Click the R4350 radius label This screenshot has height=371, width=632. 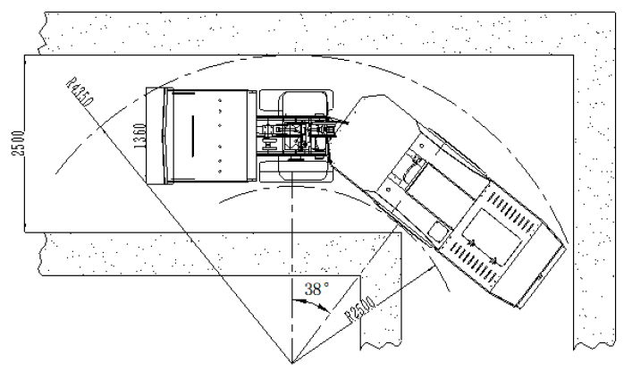pos(80,91)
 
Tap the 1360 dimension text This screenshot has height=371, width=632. pos(139,136)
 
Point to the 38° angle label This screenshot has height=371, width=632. pos(316,289)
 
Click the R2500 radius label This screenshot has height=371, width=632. pos(361,310)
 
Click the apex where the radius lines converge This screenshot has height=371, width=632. pos(292,363)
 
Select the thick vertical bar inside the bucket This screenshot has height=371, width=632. pos(192,136)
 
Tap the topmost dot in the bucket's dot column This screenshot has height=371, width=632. pos(220,100)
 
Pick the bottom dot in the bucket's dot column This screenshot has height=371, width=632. pos(220,172)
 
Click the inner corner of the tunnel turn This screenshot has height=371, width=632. pos(402,232)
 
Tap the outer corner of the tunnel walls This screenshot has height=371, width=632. pos(574,55)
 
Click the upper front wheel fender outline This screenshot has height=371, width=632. pos(296,101)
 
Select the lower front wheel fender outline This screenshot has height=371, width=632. pos(296,172)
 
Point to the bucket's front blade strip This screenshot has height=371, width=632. pos(156,136)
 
